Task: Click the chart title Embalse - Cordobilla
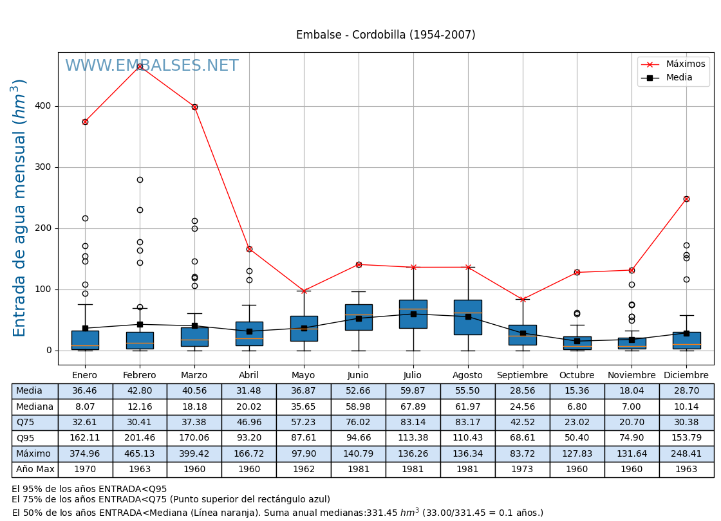(386, 35)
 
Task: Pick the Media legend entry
(679, 78)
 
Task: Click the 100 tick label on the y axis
(43, 289)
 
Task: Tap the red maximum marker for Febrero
(140, 66)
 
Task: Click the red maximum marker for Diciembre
(686, 199)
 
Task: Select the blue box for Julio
(413, 314)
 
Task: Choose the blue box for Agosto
(467, 317)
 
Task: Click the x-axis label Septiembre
(522, 376)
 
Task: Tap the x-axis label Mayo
(303, 376)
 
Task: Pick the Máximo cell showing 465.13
(140, 454)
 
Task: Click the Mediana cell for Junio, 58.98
(358, 407)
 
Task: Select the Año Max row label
(35, 470)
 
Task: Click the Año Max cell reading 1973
(522, 470)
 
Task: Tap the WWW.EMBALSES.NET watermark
(152, 66)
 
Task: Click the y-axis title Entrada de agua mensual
(20, 208)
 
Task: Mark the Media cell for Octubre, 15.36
(577, 391)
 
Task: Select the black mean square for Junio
(359, 318)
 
